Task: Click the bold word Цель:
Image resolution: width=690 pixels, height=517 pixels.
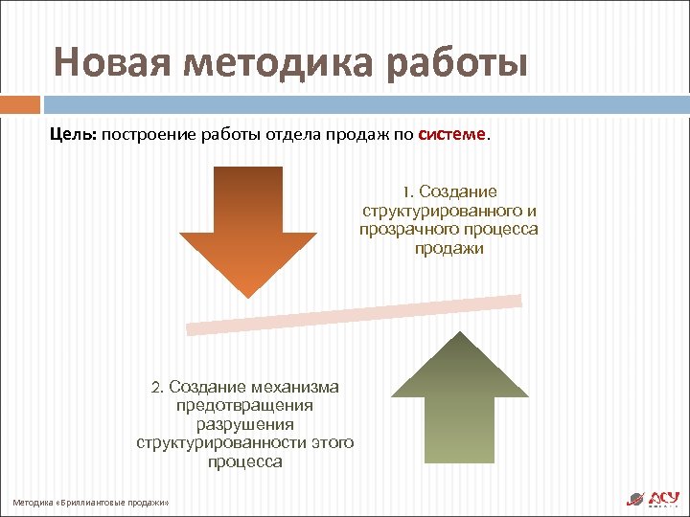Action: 73,135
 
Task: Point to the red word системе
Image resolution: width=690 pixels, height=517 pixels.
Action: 452,135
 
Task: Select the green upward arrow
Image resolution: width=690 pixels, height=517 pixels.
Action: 460,397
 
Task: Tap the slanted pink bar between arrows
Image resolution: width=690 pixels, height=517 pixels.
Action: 355,314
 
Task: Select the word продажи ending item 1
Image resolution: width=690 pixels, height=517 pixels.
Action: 449,249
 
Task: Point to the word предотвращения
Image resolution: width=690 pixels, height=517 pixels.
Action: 244,405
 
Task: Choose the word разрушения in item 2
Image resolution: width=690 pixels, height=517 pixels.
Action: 244,424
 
